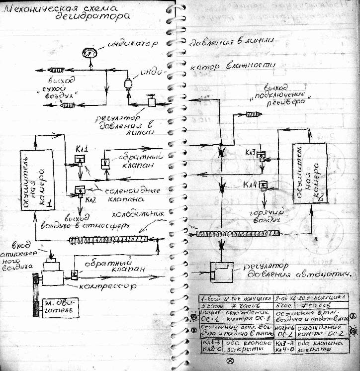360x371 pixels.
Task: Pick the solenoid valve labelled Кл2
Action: pyautogui.click(x=80, y=189)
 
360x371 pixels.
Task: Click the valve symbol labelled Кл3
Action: pyautogui.click(x=260, y=155)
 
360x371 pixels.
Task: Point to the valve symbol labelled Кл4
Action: pyautogui.click(x=264, y=185)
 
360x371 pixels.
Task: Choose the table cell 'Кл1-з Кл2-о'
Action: pyautogui.click(x=211, y=347)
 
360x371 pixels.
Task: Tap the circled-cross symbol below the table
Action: pyautogui.click(x=230, y=361)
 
